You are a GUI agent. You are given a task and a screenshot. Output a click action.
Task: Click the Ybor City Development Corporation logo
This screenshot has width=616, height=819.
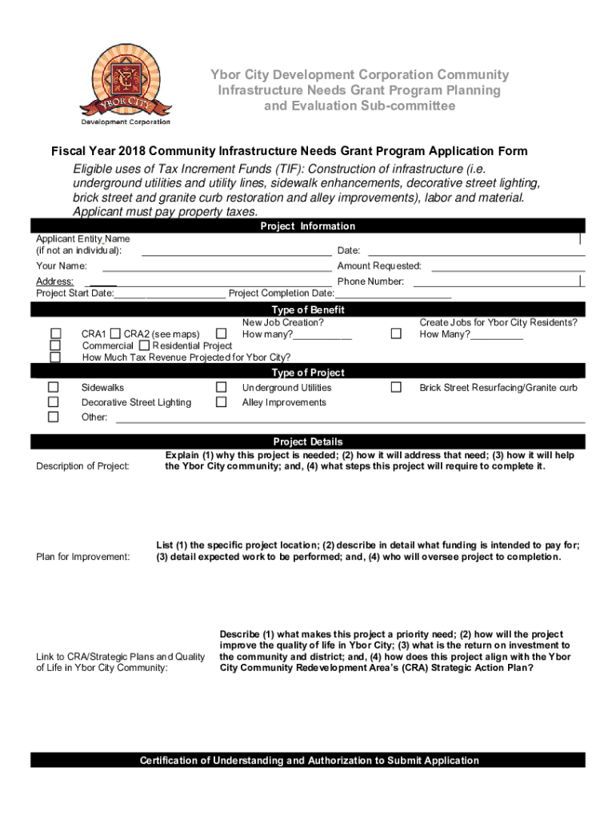point(125,82)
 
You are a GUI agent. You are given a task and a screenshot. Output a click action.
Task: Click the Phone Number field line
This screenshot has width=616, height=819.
point(496,282)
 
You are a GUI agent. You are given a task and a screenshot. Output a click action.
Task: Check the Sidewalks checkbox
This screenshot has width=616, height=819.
point(54,388)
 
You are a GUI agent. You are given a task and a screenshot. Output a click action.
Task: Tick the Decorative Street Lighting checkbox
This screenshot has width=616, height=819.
point(54,402)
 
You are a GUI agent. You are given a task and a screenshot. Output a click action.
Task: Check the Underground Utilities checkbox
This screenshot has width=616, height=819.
point(222,388)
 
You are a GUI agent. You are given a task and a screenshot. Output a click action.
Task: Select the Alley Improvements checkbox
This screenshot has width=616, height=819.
point(222,402)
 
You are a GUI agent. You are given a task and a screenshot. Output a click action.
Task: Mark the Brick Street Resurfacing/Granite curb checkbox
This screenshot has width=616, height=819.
point(396,388)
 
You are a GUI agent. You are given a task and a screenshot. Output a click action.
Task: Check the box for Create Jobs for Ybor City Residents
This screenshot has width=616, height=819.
point(396,334)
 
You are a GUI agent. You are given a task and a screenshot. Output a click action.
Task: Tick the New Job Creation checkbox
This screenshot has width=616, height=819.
point(222,334)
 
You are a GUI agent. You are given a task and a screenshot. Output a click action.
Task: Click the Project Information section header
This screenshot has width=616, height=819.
point(308,226)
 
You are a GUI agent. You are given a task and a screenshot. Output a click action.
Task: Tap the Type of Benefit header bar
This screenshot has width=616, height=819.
point(308,310)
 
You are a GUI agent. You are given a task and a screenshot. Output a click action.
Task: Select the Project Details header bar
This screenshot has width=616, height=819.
point(308,441)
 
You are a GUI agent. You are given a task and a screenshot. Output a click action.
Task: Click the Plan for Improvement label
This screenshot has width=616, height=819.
point(83,557)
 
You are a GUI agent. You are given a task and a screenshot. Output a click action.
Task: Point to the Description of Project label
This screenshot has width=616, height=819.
point(83,466)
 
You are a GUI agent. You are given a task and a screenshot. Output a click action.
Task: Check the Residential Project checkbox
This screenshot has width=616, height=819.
point(144,346)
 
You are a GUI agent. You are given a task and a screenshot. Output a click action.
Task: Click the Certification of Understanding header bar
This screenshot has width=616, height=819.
point(308,761)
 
